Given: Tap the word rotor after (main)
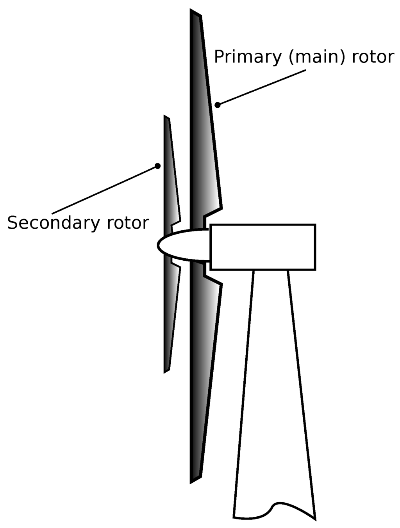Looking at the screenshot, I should [x=373, y=57].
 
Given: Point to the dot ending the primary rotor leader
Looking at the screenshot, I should [x=218, y=105].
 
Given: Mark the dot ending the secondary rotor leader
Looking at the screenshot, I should [x=157, y=166].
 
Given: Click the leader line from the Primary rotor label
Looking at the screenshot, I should [x=262, y=88].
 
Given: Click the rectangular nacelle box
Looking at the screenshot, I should [x=262, y=247].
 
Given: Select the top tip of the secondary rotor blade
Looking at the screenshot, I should [x=167, y=117].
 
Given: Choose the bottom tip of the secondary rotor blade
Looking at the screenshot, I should [x=166, y=370].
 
